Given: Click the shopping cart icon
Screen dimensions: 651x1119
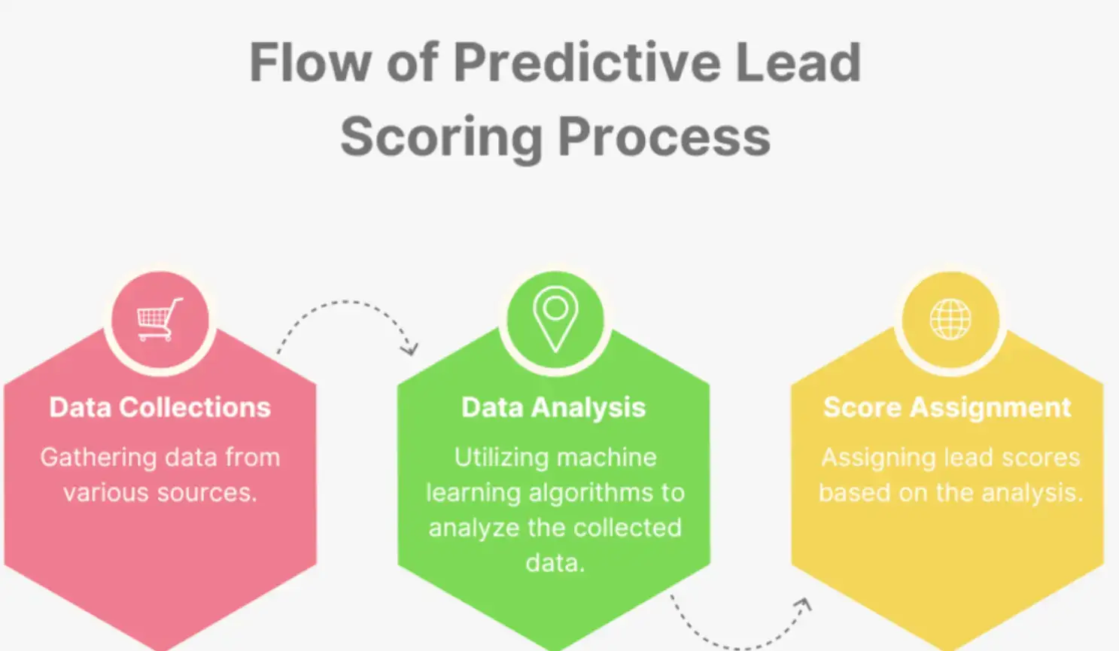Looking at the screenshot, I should coord(160,320).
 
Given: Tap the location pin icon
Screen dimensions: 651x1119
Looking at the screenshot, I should coord(555,318).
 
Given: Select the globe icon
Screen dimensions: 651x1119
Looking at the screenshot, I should coord(950,319).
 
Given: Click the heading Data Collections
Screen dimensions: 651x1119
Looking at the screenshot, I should coord(160,407).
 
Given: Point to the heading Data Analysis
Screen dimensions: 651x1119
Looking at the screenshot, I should coord(554,407).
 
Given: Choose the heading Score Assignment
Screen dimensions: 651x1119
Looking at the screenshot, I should coord(947,407).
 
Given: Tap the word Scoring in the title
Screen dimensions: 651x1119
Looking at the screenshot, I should coord(441,137).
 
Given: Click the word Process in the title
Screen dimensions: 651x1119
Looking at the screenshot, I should coord(664,137).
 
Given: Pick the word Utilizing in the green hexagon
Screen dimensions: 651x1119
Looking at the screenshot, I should coord(500,458).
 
